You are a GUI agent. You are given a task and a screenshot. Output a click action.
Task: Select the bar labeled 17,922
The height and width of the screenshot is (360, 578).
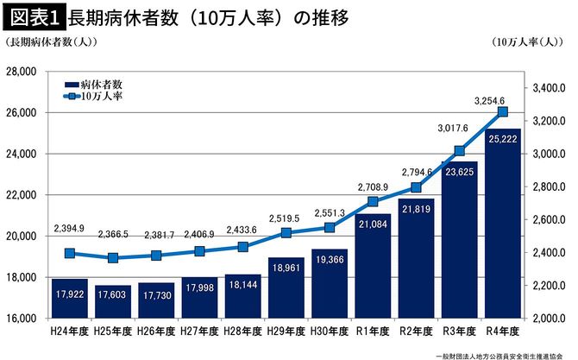(69, 298)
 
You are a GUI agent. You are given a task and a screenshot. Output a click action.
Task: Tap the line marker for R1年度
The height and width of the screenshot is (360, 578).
(373, 202)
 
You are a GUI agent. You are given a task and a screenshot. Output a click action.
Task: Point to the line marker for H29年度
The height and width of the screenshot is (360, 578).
(286, 233)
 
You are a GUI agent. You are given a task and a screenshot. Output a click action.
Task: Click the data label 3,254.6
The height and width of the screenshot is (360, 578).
(495, 100)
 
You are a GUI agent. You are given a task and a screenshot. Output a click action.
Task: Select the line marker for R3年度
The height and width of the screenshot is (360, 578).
(460, 151)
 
